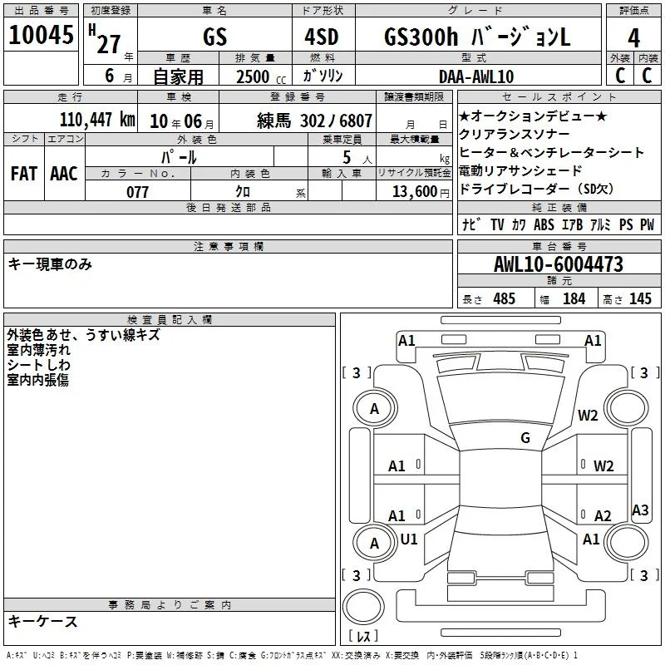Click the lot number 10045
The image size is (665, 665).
[41, 35]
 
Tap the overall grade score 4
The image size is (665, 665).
[633, 37]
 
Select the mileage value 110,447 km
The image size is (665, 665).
[97, 120]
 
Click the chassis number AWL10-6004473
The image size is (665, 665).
[559, 264]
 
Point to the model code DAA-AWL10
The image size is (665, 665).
[476, 76]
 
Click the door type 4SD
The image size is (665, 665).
[322, 37]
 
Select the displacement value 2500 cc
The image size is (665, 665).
[261, 76]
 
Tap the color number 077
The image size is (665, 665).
[137, 192]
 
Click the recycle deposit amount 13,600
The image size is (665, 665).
[415, 192]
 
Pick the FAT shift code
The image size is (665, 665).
[24, 174]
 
